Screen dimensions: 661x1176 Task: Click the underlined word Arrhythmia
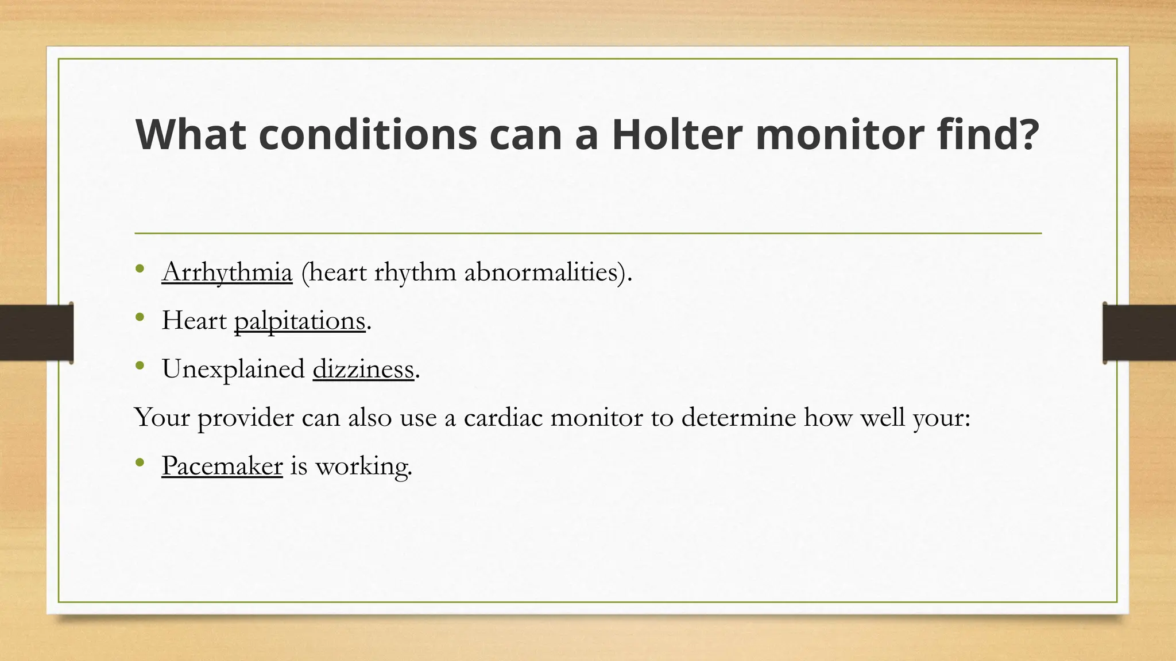coord(227,272)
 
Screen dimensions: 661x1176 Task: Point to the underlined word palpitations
coord(300,321)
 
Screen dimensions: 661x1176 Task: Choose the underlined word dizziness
coord(363,369)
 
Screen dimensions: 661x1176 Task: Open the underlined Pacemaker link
coord(222,465)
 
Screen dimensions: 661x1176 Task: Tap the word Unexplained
coord(233,369)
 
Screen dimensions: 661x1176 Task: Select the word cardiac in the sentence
coord(503,417)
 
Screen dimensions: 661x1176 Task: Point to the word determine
coord(738,417)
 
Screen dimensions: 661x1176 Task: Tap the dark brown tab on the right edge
coord(1139,333)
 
